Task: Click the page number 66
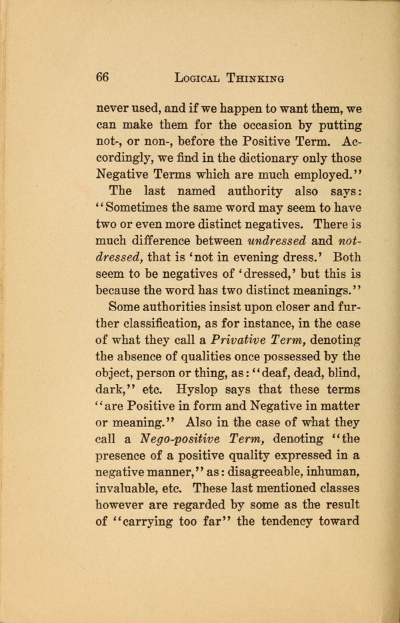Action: [102, 76]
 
